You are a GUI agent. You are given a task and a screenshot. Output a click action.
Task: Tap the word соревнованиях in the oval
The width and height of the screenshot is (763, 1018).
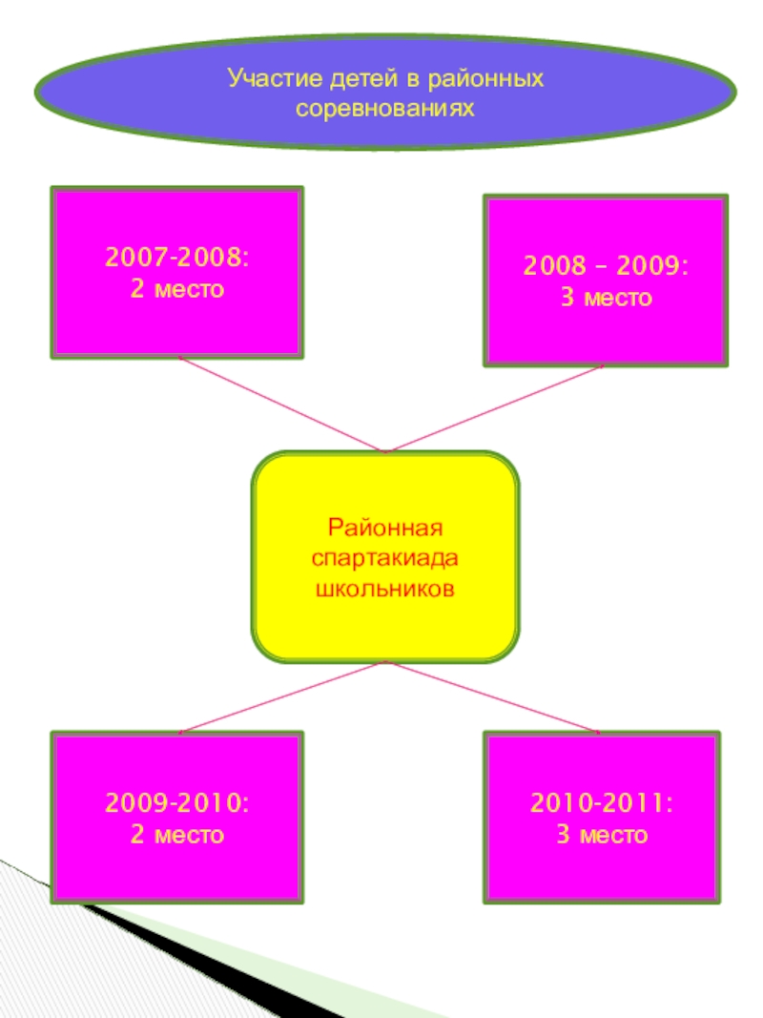tap(385, 110)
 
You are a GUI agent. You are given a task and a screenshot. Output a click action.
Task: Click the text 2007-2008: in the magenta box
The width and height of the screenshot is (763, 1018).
tap(177, 260)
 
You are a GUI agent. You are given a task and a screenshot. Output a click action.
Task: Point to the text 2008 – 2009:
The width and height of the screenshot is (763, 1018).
tap(606, 268)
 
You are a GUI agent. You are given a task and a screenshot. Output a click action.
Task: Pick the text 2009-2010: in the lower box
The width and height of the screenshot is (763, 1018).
tap(177, 806)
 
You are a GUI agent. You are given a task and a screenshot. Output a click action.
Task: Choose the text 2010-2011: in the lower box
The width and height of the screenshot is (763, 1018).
tap(602, 806)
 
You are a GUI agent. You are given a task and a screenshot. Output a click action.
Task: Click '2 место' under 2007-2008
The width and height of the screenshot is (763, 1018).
tap(177, 289)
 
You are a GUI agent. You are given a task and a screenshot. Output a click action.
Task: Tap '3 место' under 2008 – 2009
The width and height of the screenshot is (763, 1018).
tap(606, 299)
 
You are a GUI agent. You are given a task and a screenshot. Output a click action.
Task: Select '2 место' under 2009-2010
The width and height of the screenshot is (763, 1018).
tap(177, 836)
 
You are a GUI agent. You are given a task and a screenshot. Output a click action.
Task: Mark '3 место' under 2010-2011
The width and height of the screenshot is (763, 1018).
tap(602, 836)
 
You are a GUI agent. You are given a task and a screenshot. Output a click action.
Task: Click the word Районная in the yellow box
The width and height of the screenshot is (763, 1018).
tap(385, 528)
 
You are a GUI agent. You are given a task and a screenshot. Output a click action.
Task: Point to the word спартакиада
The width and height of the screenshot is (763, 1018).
tap(385, 556)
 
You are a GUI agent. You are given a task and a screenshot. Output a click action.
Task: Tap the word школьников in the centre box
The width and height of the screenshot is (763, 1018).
tap(385, 586)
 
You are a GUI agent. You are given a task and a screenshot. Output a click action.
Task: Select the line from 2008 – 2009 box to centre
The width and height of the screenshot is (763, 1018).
tap(494, 408)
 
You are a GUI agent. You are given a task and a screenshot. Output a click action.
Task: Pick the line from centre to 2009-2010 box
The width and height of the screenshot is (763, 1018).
tap(281, 697)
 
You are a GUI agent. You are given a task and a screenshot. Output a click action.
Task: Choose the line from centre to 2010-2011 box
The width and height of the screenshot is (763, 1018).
tap(492, 697)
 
